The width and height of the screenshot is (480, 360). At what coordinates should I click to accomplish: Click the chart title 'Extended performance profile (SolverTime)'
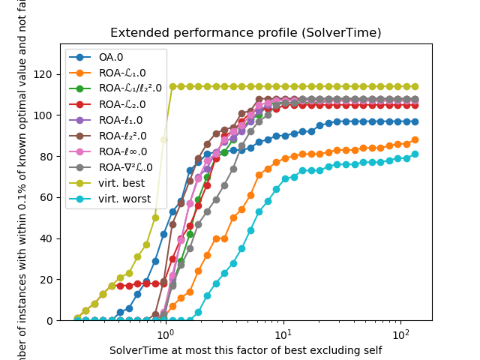tap(245, 33)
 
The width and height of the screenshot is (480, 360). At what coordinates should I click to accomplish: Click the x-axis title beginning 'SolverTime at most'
tap(245, 349)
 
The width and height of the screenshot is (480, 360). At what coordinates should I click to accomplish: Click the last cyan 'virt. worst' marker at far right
tap(415, 154)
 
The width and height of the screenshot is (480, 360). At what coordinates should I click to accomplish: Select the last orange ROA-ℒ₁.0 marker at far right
tap(415, 139)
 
